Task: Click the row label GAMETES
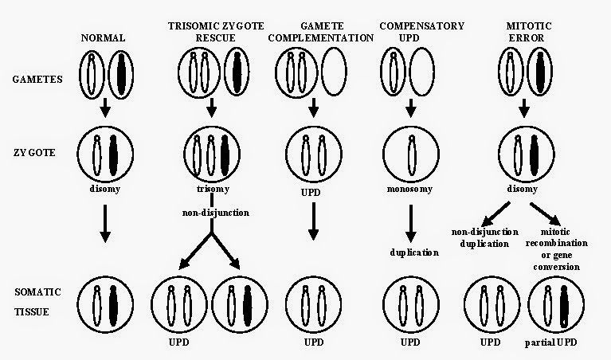(37, 79)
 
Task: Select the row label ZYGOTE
(34, 152)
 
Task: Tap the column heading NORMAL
(103, 37)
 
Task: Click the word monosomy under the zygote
(409, 190)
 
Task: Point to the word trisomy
(213, 190)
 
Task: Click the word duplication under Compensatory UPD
(414, 252)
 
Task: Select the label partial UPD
(550, 342)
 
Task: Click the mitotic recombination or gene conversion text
(557, 249)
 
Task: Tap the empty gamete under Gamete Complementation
(334, 72)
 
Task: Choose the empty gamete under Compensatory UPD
(422, 72)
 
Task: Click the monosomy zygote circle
(383, 154)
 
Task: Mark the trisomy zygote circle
(184, 154)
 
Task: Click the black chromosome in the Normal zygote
(113, 155)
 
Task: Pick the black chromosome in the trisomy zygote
(225, 155)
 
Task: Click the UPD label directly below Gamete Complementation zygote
(311, 193)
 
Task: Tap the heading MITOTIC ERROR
(529, 32)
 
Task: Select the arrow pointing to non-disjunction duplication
(495, 213)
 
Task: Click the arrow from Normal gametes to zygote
(105, 108)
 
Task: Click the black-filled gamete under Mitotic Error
(539, 72)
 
